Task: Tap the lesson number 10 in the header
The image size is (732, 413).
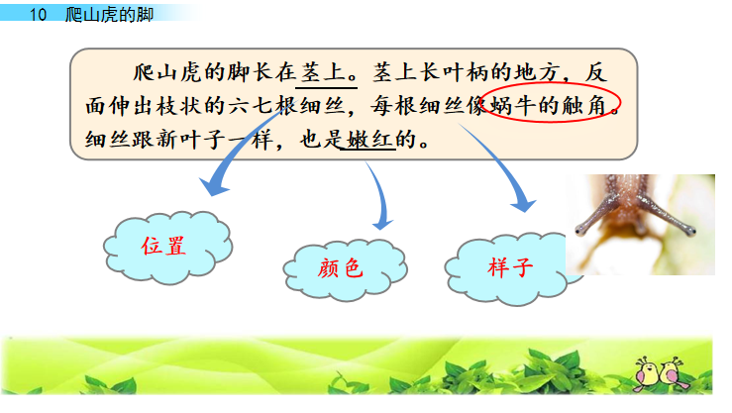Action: click(40, 14)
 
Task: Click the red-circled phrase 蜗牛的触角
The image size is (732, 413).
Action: click(555, 105)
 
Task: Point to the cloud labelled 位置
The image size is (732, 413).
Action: click(162, 247)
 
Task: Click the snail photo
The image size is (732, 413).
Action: click(639, 225)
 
